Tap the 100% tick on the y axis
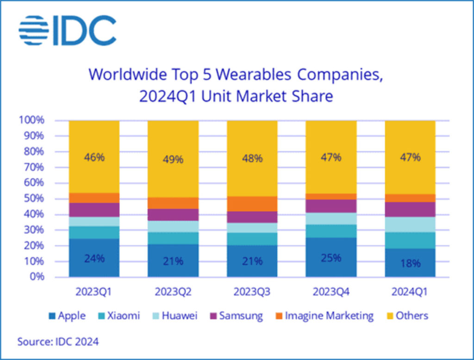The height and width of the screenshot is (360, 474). pos(32,120)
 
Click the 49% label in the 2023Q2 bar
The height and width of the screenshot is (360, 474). pos(173,159)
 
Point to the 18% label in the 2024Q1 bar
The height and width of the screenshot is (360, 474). pos(410,263)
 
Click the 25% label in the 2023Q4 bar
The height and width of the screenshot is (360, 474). pos(331,258)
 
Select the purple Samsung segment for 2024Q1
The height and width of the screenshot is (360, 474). pos(410,209)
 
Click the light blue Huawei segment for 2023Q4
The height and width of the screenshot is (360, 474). pos(331,219)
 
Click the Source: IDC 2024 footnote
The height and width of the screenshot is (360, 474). pos(58,342)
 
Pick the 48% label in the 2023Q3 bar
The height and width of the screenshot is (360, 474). pos(252,158)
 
